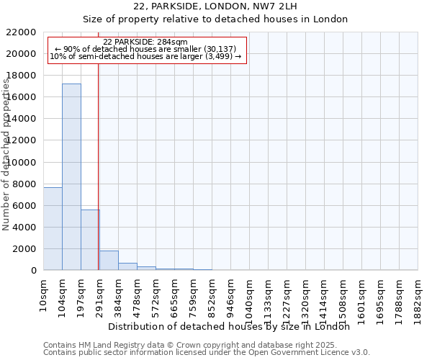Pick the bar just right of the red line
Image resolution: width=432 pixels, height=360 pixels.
[109, 261]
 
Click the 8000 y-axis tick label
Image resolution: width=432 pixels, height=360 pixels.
[23, 184]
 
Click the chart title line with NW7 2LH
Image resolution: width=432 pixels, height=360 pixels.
[215, 6]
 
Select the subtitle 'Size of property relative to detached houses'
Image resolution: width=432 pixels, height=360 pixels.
[215, 19]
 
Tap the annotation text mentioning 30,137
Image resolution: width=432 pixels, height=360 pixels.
[145, 49]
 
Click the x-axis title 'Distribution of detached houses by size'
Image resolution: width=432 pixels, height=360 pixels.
[233, 326]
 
